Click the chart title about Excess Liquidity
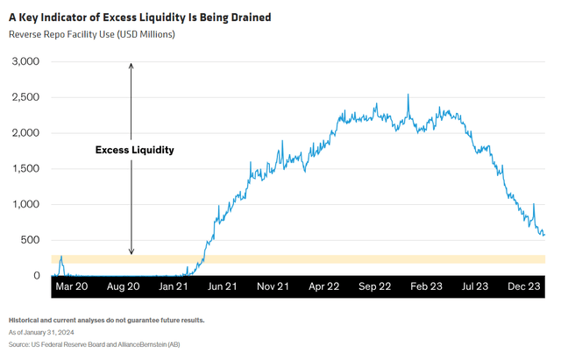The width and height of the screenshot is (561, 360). pyautogui.click(x=139, y=17)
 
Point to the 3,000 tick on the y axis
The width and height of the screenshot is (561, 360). pyautogui.click(x=25, y=61)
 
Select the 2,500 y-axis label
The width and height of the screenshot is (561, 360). pyautogui.click(x=25, y=97)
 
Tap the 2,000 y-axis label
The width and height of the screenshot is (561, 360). pyautogui.click(x=25, y=133)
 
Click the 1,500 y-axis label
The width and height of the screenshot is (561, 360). pyautogui.click(x=25, y=168)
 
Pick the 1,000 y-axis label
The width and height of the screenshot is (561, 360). pyautogui.click(x=25, y=204)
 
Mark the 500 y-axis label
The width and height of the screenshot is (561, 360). pyautogui.click(x=30, y=240)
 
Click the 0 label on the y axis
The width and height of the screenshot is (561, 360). pyautogui.click(x=36, y=275)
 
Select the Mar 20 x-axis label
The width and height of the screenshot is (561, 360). pyautogui.click(x=72, y=286)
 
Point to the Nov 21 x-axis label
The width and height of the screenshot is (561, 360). pyautogui.click(x=273, y=286)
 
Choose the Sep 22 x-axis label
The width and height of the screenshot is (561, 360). pyautogui.click(x=373, y=286)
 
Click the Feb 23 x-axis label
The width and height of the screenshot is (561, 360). pyautogui.click(x=424, y=286)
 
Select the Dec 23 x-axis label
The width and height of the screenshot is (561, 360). pyautogui.click(x=524, y=286)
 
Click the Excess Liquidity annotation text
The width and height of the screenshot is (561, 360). pyautogui.click(x=134, y=150)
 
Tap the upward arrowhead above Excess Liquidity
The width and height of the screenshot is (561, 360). pyautogui.click(x=131, y=65)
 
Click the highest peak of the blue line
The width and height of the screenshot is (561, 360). pyautogui.click(x=408, y=95)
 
